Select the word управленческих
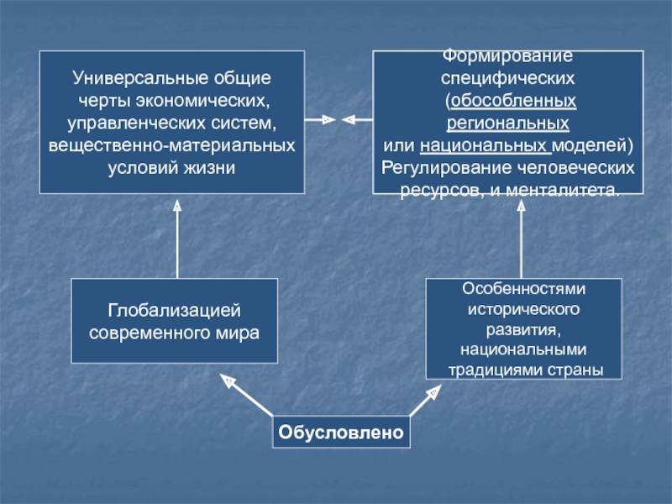[x=125, y=123]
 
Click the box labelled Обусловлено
[x=341, y=433]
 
